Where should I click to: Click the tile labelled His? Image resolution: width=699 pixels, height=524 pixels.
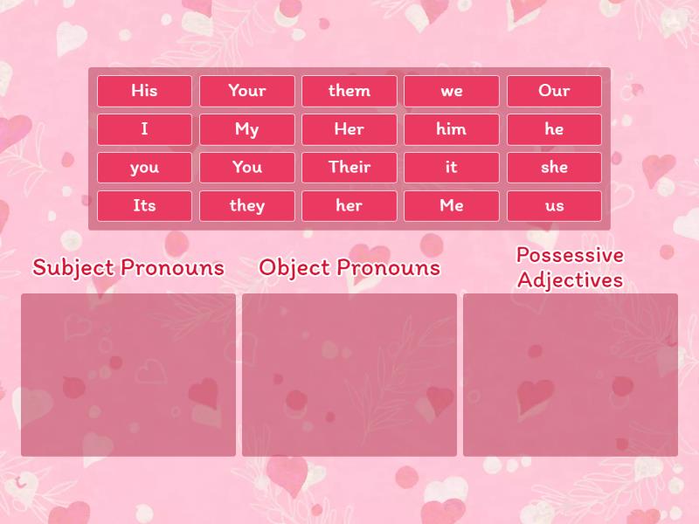click(x=144, y=91)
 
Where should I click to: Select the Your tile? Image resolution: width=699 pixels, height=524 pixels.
click(x=246, y=91)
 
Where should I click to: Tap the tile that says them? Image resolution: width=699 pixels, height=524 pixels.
click(x=349, y=91)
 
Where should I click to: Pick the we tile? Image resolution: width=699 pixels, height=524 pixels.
click(x=452, y=91)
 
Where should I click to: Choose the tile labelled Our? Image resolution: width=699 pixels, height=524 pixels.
click(x=554, y=91)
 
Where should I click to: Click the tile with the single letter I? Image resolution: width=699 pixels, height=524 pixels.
click(x=144, y=129)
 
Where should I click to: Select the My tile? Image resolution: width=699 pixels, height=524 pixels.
click(x=246, y=129)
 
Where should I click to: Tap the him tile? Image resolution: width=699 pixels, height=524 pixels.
click(x=452, y=129)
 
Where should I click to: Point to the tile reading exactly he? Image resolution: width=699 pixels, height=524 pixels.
click(x=554, y=129)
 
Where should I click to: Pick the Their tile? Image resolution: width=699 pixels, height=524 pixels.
click(x=349, y=168)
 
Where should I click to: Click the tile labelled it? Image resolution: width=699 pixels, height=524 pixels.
click(x=452, y=168)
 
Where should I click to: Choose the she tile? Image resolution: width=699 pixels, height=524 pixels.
click(x=554, y=168)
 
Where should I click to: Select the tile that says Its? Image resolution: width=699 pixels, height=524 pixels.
click(x=144, y=206)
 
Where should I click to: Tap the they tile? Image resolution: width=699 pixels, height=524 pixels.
click(x=246, y=206)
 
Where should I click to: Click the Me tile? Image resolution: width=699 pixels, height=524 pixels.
click(x=452, y=206)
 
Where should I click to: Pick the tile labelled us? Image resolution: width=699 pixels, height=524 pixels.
click(x=554, y=206)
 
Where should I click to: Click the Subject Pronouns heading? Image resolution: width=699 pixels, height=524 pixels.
click(x=128, y=268)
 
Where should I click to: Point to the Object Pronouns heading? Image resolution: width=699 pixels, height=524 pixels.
click(x=349, y=268)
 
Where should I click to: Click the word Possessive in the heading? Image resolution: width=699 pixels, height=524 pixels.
click(x=570, y=255)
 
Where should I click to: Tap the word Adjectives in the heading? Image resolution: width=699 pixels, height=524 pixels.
click(x=570, y=280)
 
